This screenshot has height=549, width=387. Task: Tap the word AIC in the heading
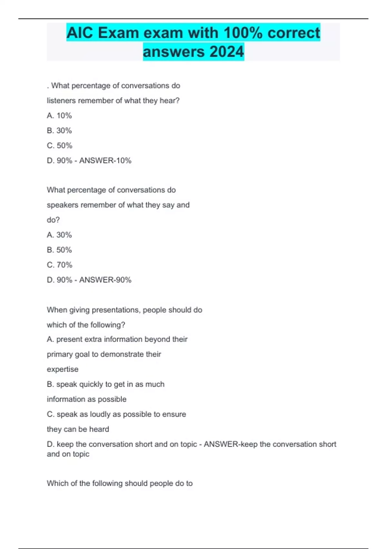(80, 33)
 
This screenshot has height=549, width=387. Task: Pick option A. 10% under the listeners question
(59, 116)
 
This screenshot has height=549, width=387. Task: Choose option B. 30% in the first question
(59, 130)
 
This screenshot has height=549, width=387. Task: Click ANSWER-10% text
(105, 161)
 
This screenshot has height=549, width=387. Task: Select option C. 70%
(60, 265)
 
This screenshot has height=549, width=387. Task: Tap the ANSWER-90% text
(105, 280)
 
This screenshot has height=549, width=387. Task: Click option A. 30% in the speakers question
(59, 235)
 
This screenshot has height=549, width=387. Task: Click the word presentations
(115, 310)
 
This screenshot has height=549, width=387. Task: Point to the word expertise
(63, 369)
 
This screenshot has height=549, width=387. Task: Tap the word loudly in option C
(100, 414)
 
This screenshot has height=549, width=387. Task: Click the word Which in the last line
(57, 483)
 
